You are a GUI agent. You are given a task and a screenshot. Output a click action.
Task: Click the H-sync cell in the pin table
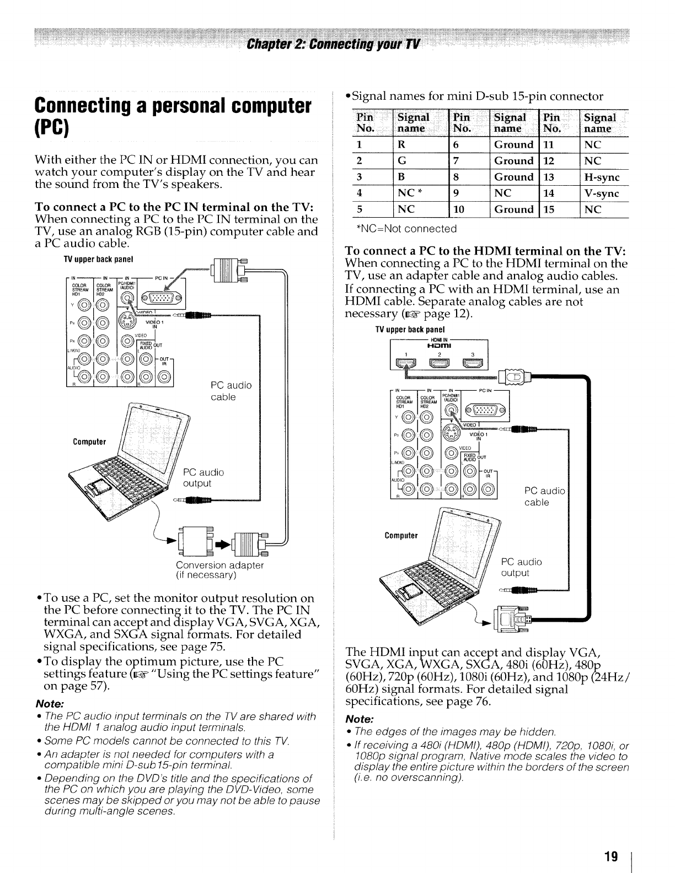pos(602,177)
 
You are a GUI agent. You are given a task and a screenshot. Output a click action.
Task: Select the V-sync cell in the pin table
pos(602,193)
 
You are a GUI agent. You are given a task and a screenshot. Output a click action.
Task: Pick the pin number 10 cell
pos(459,209)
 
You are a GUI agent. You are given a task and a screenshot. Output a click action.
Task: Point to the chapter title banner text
pos(338,44)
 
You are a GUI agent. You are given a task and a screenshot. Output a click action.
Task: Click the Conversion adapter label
pos(219,565)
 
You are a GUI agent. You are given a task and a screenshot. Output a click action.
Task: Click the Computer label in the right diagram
pos(401,535)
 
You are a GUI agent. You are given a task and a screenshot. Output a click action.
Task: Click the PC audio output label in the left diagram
pos(203,477)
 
